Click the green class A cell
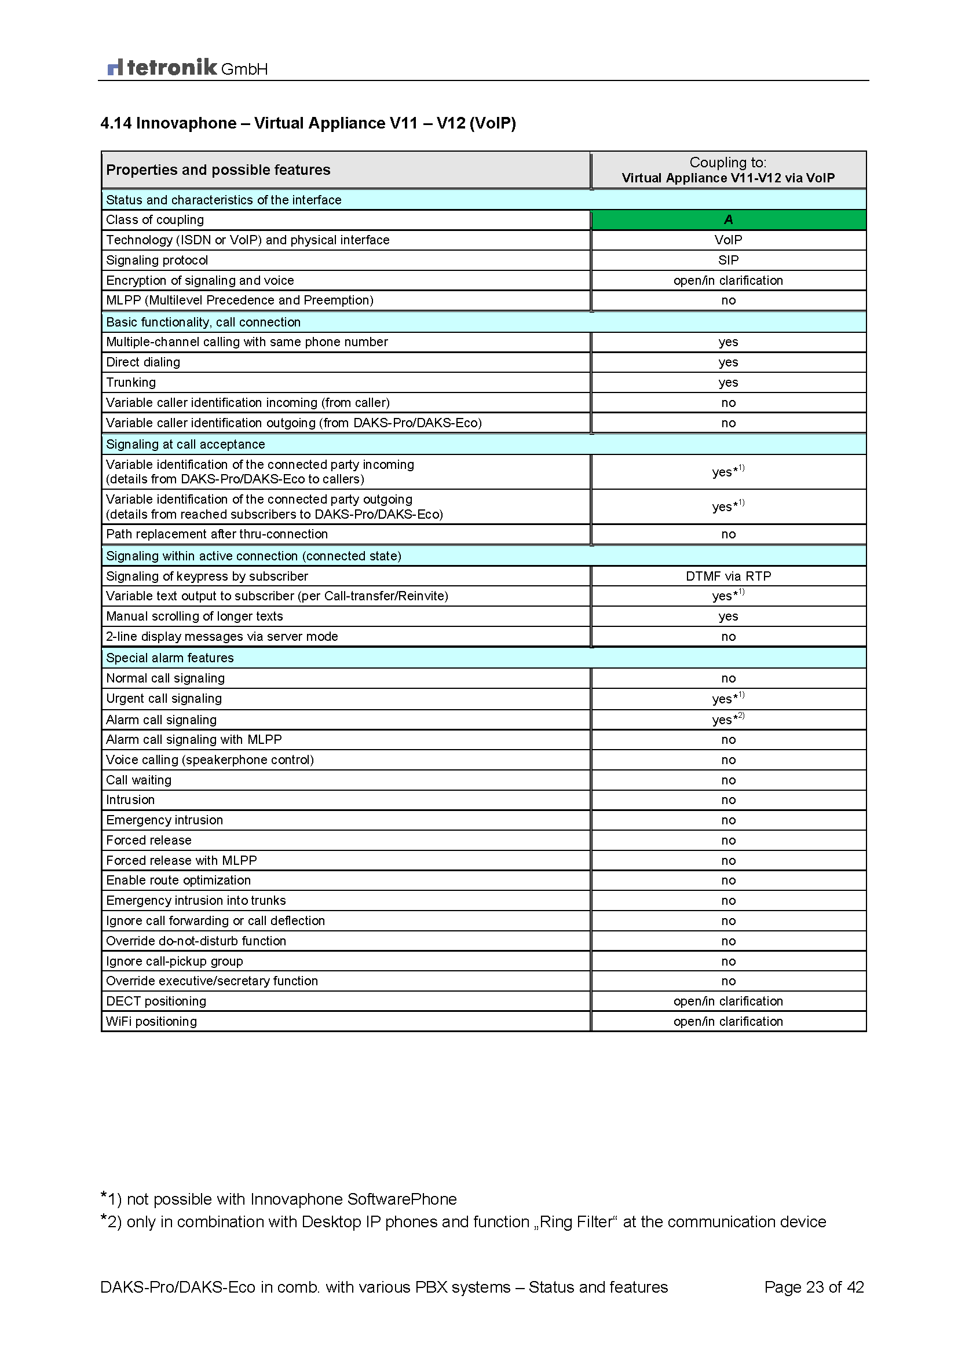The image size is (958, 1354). (728, 220)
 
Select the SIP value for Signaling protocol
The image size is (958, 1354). (728, 260)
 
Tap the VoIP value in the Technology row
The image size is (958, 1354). (728, 240)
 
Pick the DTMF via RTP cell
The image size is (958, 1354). (728, 576)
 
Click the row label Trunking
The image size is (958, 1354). (131, 382)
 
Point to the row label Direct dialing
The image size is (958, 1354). (142, 362)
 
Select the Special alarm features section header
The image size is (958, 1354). (170, 658)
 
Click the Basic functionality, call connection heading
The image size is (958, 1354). (203, 322)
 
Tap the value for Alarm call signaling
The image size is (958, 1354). (728, 720)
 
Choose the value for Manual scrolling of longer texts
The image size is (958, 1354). (728, 617)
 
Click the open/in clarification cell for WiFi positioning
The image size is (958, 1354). (728, 1021)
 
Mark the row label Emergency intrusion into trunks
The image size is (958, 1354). (196, 901)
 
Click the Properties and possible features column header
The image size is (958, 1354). (218, 170)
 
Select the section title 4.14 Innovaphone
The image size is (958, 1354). (308, 123)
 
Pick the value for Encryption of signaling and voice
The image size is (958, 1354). (728, 281)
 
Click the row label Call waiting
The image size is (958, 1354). (138, 780)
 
